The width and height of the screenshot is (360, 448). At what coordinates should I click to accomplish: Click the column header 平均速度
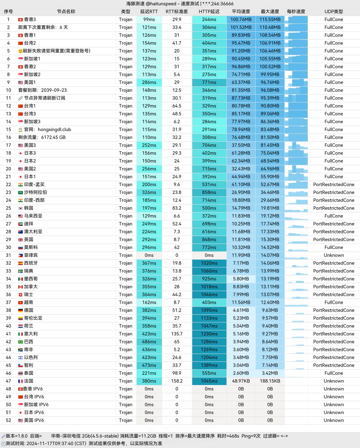[x=241, y=12]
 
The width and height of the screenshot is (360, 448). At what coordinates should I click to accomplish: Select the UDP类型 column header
[x=333, y=12]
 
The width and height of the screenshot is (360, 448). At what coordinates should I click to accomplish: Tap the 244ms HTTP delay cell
[x=209, y=20]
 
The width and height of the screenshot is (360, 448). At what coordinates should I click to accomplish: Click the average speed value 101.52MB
[x=241, y=27]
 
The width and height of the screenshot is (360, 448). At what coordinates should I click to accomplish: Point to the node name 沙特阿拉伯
[x=35, y=192]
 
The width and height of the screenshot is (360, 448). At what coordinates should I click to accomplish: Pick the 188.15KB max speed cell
[x=270, y=381]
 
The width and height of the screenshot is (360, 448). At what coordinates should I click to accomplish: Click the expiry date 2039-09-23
[x=54, y=90]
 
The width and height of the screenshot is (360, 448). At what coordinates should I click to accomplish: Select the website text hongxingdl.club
[x=54, y=129]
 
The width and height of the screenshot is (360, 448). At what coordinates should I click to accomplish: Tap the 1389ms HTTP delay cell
[x=209, y=365]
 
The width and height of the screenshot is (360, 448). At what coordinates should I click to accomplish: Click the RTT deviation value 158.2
[x=177, y=381]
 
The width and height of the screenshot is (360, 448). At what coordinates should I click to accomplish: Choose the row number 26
[x=8, y=216]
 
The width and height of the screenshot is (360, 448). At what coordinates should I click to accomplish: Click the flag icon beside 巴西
[x=20, y=342]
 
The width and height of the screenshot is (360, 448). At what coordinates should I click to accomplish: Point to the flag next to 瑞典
[x=20, y=271]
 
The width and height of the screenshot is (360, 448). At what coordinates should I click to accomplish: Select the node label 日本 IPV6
[x=34, y=413]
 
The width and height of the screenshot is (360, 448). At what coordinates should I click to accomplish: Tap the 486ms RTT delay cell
[x=149, y=342]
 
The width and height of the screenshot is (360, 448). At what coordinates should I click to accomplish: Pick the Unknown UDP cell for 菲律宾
[x=333, y=255]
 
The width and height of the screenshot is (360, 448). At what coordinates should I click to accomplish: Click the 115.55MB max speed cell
[x=270, y=20]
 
